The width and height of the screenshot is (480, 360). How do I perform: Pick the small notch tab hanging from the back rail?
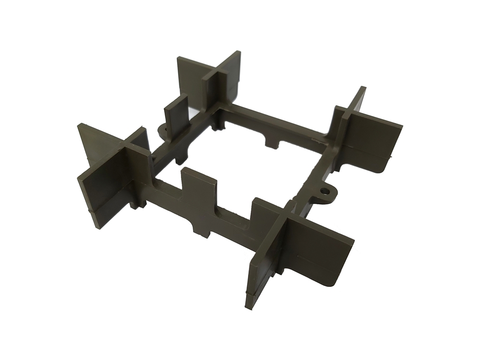[271, 140]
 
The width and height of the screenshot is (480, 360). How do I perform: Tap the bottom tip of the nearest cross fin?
[248, 303]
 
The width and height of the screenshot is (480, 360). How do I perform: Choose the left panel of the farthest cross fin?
[191, 77]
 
